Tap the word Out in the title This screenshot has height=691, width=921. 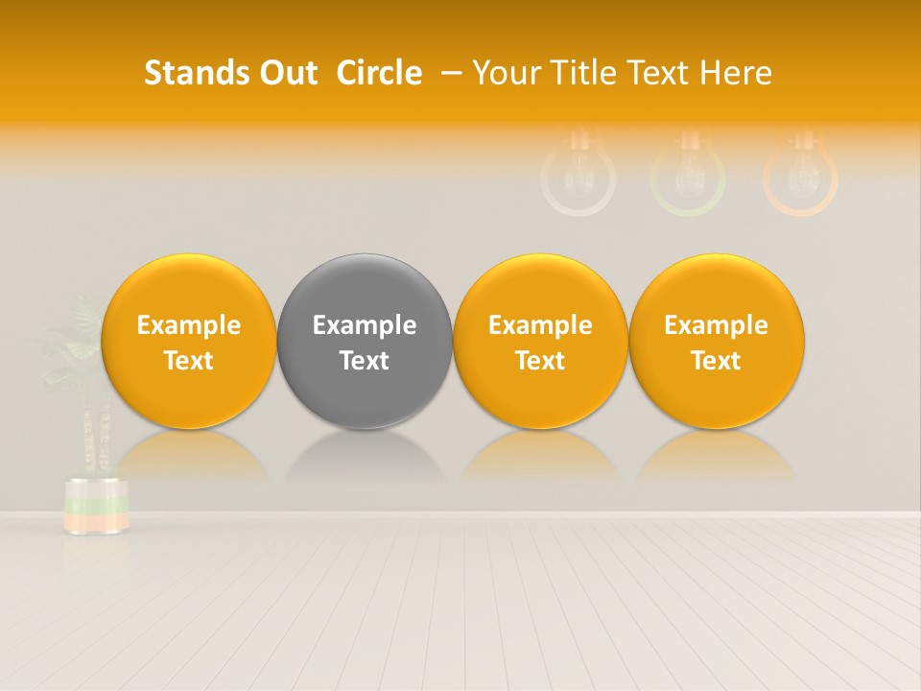click(286, 73)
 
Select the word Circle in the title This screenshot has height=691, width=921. click(379, 73)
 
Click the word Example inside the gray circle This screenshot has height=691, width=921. click(365, 325)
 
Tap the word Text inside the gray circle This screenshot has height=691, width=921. click(365, 361)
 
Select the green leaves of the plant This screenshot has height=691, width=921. click(77, 345)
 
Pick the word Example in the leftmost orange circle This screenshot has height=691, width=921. click(188, 325)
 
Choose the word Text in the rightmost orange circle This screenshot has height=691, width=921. click(717, 361)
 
